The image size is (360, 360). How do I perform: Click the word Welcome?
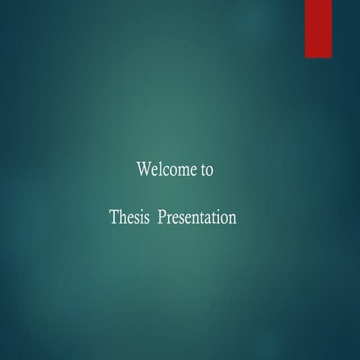[167, 169]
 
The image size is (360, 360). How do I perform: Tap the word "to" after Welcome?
[208, 170]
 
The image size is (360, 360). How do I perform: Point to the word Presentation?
[198, 218]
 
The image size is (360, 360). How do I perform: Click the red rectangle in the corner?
[318, 28]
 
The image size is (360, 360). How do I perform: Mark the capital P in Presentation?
[163, 217]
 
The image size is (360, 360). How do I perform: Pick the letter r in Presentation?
[170, 220]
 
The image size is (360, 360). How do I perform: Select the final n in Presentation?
[232, 220]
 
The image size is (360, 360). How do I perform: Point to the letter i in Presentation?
[217, 217]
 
